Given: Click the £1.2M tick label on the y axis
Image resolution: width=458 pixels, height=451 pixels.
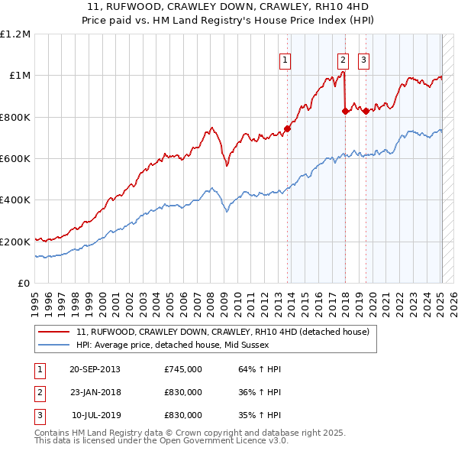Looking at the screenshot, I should coord(15,34).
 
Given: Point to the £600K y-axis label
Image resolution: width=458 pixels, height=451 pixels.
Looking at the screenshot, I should coord(15,158).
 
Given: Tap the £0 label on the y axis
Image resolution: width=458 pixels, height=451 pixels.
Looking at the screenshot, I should coord(24,283).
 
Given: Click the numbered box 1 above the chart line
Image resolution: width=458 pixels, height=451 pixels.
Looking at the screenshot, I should coord(285,60).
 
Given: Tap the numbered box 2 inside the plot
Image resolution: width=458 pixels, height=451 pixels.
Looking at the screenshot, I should coord(343,60).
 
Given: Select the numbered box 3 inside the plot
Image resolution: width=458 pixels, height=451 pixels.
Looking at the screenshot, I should coord(363,60).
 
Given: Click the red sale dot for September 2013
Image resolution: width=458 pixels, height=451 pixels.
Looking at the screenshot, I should coord(288,128).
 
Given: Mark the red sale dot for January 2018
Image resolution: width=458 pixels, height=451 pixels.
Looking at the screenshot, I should coord(346,111).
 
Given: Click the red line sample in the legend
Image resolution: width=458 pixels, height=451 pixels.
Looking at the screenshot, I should coord(54,333).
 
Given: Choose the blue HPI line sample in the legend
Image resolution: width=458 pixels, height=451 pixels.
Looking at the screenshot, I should coord(54,345).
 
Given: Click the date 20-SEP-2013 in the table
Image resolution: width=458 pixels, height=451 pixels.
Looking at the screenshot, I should coord(95,369).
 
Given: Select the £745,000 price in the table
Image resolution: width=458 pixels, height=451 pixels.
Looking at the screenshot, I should coord(183,369).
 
